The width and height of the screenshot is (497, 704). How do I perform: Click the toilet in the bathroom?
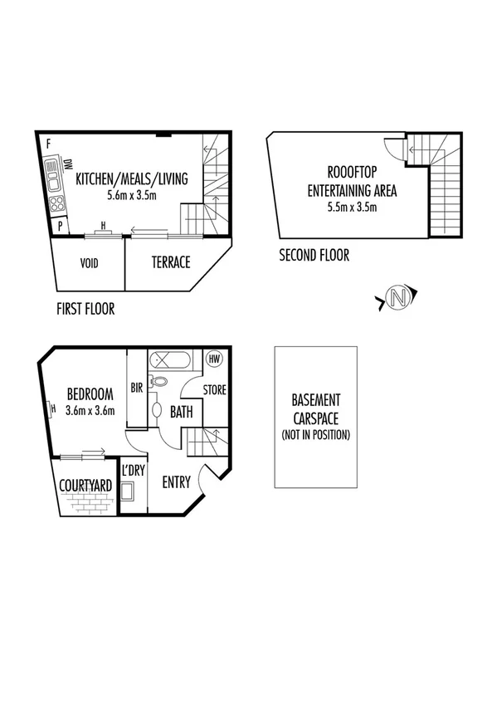(161, 382)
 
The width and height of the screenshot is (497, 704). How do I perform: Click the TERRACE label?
(170, 262)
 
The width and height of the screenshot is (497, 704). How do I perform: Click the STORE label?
(215, 389)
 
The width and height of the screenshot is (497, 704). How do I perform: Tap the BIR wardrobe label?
(138, 387)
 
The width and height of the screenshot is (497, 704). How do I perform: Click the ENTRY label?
(176, 482)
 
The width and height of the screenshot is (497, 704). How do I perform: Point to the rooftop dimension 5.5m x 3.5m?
(352, 207)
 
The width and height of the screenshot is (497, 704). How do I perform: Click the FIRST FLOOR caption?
(85, 309)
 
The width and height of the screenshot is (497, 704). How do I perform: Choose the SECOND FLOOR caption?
(314, 256)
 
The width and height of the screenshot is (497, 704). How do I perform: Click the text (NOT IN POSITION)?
(316, 434)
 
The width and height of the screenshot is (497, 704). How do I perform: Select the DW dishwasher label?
(68, 165)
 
